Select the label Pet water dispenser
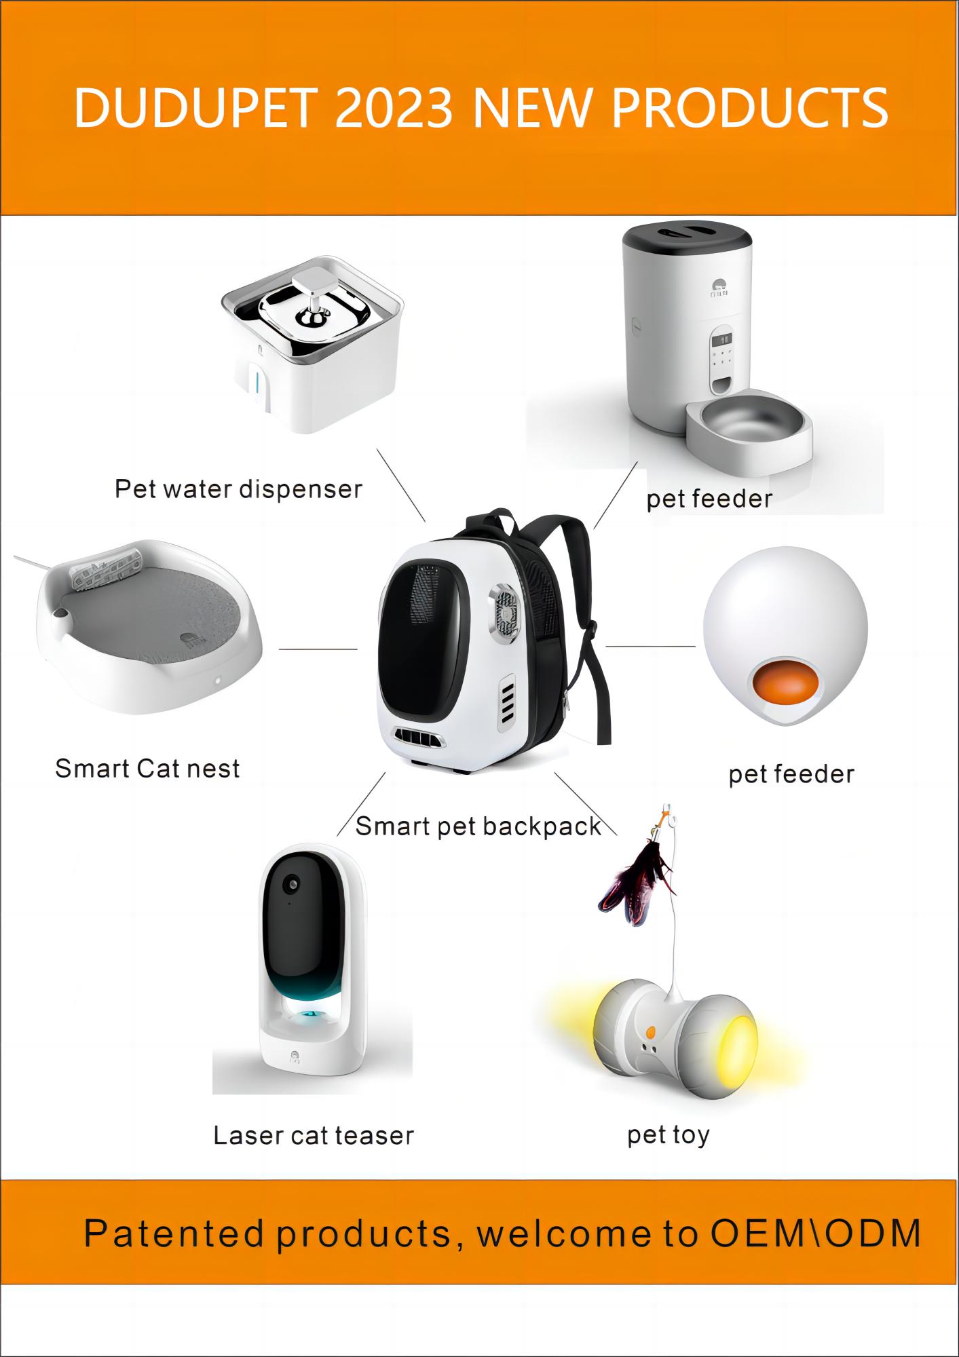pyautogui.click(x=238, y=489)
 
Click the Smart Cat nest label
pyautogui.click(x=147, y=769)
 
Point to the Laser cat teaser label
pyautogui.click(x=314, y=1136)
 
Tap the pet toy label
pyautogui.click(x=669, y=1134)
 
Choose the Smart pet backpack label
pyautogui.click(x=478, y=826)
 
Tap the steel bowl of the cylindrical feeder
pyautogui.click(x=749, y=422)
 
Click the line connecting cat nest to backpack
pyautogui.click(x=318, y=649)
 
